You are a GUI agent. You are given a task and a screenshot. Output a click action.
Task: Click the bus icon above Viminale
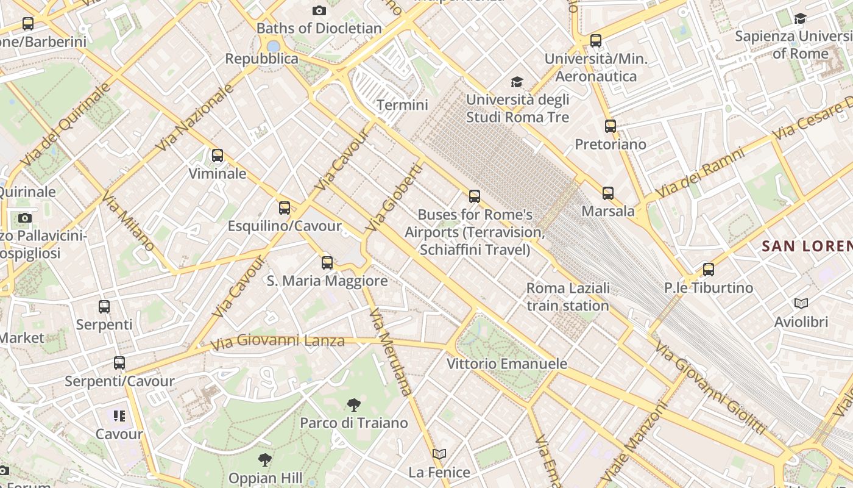(x=218, y=156)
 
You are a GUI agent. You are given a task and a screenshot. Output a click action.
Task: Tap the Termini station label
(x=402, y=105)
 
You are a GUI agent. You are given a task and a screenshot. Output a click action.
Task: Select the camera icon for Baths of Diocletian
(x=319, y=10)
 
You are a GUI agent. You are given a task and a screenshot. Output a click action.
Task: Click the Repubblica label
(x=262, y=59)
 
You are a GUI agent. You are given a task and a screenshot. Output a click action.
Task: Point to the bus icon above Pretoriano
(x=611, y=126)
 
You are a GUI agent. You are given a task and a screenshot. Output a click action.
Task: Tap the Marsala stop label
(x=608, y=211)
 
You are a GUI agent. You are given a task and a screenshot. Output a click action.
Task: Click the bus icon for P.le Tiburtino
(x=708, y=269)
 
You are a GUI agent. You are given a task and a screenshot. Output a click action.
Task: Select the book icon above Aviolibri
(x=801, y=303)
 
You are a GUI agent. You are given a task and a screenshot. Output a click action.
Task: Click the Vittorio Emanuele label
(x=507, y=364)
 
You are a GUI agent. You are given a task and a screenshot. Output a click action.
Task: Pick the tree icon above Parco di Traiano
(x=353, y=404)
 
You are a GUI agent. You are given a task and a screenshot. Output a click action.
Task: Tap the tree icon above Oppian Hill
(x=264, y=459)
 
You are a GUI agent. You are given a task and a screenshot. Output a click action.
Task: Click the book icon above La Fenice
(x=439, y=454)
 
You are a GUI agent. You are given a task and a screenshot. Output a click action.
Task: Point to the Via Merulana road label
(x=390, y=352)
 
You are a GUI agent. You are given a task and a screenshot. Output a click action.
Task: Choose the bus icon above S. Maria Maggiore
(x=327, y=263)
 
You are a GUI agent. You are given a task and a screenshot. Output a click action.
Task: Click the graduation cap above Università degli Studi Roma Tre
(x=517, y=82)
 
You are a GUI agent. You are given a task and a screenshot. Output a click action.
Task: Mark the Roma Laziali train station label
(x=568, y=296)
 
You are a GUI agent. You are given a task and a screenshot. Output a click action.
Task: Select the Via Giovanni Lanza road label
(x=277, y=342)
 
